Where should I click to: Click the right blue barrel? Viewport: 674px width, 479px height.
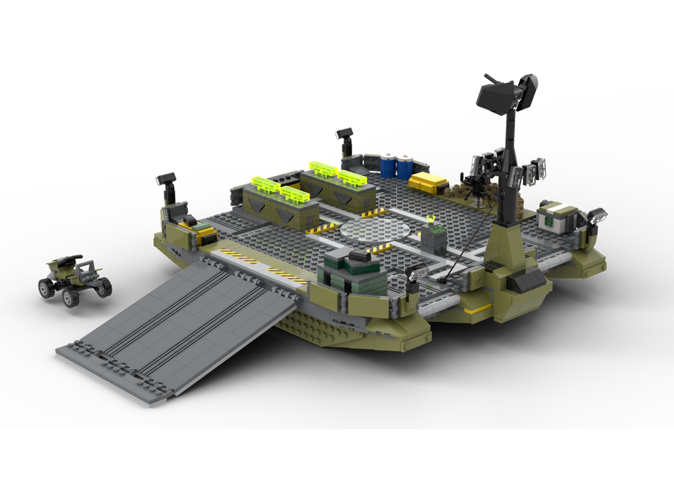tap(404, 167)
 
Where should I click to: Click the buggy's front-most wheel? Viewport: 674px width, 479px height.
tap(70, 297)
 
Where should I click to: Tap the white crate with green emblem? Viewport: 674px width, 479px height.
tap(557, 217)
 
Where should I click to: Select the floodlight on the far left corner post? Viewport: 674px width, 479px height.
tap(166, 179)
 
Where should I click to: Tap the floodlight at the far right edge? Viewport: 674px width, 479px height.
tap(597, 216)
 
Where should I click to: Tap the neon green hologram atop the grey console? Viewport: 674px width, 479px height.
tap(431, 219)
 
